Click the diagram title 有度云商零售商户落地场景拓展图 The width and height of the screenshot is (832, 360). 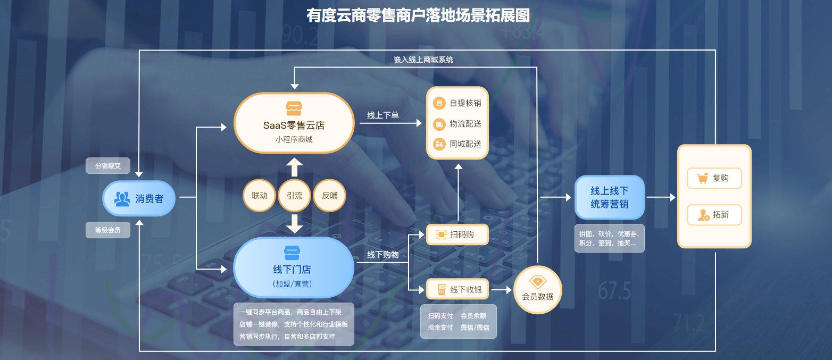point(418,15)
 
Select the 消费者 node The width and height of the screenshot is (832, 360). point(139,199)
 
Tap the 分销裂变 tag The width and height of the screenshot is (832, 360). point(108,166)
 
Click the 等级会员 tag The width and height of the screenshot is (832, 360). point(108,230)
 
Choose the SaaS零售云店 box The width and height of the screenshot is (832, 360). point(294,123)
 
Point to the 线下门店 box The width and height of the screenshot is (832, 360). point(294,267)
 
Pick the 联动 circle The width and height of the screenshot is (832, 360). point(260,196)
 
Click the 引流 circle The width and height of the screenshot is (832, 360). point(294,196)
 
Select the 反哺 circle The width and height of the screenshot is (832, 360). point(329,196)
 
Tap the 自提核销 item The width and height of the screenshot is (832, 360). point(457,103)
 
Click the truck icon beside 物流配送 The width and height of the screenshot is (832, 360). point(439,124)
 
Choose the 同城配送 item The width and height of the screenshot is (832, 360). point(457,144)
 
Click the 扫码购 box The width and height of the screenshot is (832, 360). point(457,235)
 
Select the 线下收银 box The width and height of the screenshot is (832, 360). point(457,290)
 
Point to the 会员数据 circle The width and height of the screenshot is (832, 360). point(538,290)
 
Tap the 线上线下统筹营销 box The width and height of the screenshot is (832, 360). point(610,197)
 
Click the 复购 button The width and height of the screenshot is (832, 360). point(714,179)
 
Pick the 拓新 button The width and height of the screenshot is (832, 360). point(714,215)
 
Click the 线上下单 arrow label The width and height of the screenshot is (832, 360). point(382,115)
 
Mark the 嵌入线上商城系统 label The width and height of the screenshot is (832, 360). point(423,60)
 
